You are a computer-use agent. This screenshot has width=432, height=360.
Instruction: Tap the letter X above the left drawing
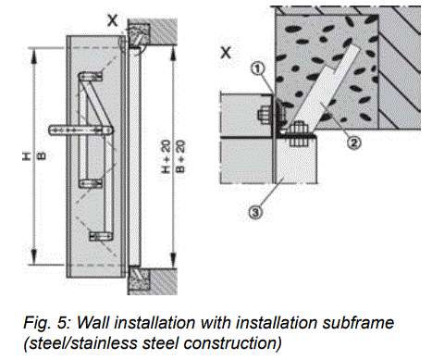pos(112,19)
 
